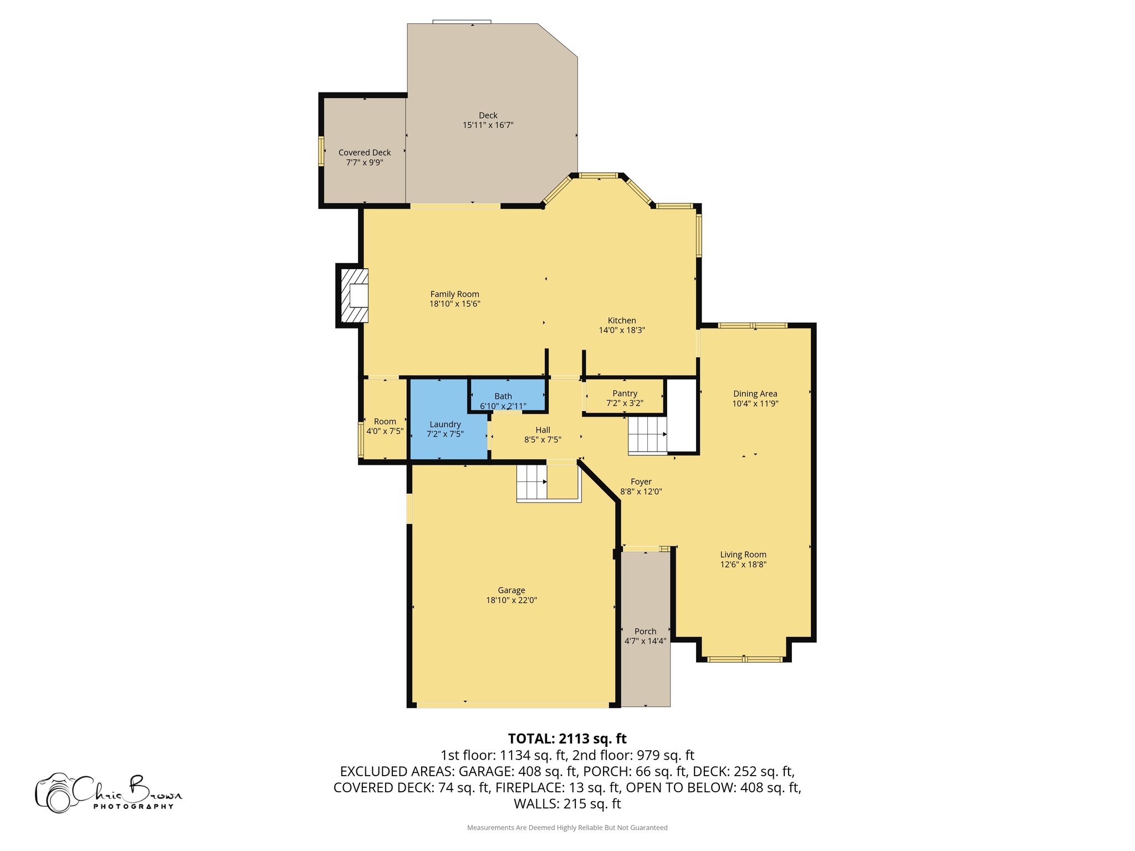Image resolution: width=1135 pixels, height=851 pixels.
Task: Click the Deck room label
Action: click(488, 115)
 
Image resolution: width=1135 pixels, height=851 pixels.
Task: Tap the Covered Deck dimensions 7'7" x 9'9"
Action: click(365, 162)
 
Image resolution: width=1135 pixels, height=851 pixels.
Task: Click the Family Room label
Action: click(454, 294)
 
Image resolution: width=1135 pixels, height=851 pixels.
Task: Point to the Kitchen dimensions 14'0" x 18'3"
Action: click(622, 330)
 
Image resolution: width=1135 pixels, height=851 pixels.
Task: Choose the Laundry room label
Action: click(445, 424)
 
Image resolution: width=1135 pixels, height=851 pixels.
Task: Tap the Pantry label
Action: click(625, 393)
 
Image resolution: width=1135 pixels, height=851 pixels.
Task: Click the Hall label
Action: click(543, 430)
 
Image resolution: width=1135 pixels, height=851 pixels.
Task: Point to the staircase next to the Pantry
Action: click(647, 435)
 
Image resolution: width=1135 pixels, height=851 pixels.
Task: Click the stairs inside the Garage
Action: click(532, 482)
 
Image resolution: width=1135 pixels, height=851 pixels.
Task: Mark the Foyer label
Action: click(641, 482)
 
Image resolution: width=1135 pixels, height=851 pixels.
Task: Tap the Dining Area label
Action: click(755, 394)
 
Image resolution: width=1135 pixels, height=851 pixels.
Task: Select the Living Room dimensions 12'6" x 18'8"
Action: click(743, 565)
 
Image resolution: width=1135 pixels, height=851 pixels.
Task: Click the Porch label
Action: click(645, 632)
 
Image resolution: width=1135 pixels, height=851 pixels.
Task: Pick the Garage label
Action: click(511, 591)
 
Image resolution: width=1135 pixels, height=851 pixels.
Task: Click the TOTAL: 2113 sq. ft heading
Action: click(567, 739)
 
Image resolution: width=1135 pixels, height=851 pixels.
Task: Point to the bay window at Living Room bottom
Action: click(744, 659)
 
